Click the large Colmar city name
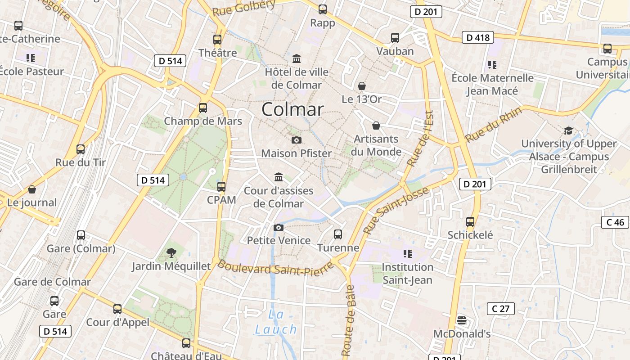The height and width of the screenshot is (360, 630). point(292,109)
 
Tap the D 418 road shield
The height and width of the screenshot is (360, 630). point(478,37)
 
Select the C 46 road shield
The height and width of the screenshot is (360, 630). point(615,222)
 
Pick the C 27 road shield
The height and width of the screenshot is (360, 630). point(500,309)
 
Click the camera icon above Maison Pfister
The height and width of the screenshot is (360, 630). point(296,140)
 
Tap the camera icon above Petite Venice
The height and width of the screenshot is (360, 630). point(279,227)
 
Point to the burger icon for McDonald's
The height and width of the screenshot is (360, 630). point(461,320)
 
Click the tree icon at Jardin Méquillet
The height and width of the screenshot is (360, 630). point(171,252)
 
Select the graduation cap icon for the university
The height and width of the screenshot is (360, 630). point(568,130)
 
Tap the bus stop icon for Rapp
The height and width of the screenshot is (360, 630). point(322,9)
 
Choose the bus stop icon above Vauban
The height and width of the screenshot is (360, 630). point(395,38)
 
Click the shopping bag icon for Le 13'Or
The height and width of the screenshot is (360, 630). point(361,86)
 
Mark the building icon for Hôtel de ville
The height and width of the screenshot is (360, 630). point(297,58)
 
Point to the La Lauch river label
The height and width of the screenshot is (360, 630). point(276,322)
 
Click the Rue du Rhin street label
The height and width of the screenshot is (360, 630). point(494,124)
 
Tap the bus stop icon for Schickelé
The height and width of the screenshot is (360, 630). point(470,221)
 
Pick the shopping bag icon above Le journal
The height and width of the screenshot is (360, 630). point(31,189)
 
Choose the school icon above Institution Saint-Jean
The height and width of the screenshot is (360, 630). point(407,254)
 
